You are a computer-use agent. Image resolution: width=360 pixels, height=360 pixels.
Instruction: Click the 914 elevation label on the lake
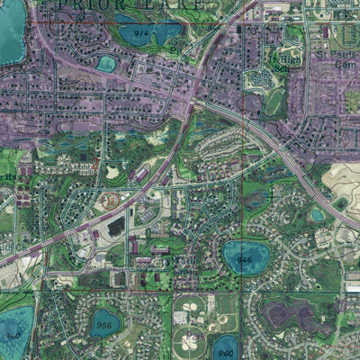point(140,32)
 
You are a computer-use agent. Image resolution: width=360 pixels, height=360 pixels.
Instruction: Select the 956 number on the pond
point(106,324)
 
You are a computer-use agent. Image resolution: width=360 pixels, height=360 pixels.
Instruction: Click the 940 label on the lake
point(11,335)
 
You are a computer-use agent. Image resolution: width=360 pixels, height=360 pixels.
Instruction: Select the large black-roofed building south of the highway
point(116,228)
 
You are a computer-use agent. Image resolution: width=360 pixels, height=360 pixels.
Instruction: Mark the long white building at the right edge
point(353,287)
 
